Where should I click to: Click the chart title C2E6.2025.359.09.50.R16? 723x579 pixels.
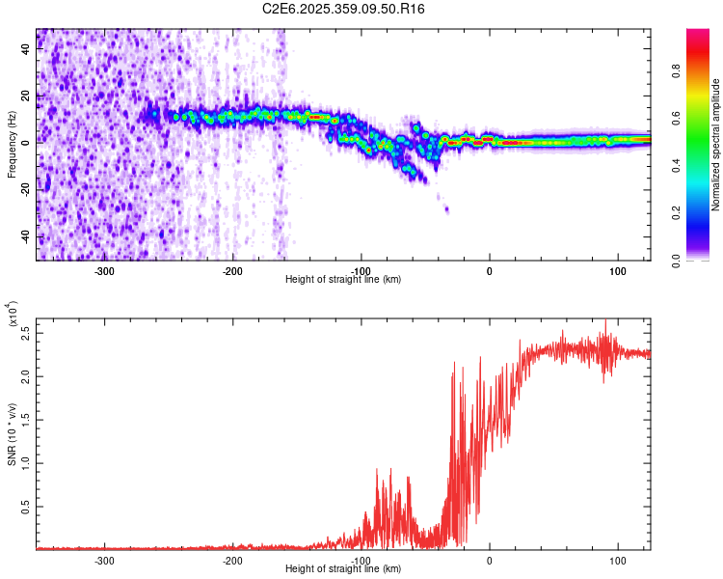pos(344,9)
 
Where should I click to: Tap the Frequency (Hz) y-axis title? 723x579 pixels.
pos(12,146)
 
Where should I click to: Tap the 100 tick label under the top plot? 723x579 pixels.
pos(618,270)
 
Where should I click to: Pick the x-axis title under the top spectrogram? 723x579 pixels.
pos(343,280)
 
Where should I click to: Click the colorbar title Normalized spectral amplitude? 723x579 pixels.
pos(716,145)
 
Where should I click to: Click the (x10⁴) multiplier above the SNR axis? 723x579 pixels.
pos(12,321)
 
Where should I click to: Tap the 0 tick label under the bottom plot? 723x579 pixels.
pos(490,560)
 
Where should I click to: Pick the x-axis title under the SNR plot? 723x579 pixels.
pos(343,569)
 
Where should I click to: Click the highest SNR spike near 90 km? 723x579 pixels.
pos(605,320)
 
